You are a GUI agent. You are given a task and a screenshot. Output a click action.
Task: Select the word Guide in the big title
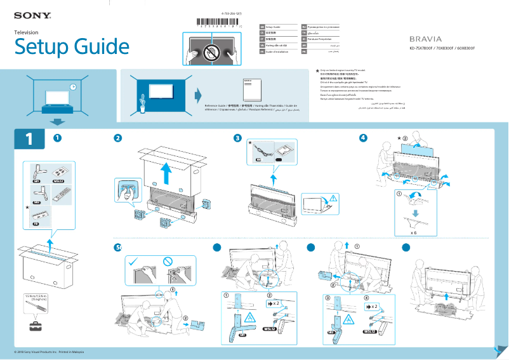pyautogui.click(x=101, y=46)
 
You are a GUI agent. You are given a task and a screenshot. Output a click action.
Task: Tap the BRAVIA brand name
pyautogui.click(x=425, y=39)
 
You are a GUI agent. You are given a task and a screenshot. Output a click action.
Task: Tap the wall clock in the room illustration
pyautogui.click(x=72, y=87)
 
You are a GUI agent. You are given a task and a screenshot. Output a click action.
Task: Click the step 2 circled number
pyautogui.click(x=117, y=138)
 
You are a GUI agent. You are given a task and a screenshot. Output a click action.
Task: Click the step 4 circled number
pyautogui.click(x=362, y=138)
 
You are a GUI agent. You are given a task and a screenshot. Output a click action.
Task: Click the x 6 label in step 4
pyautogui.click(x=413, y=232)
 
